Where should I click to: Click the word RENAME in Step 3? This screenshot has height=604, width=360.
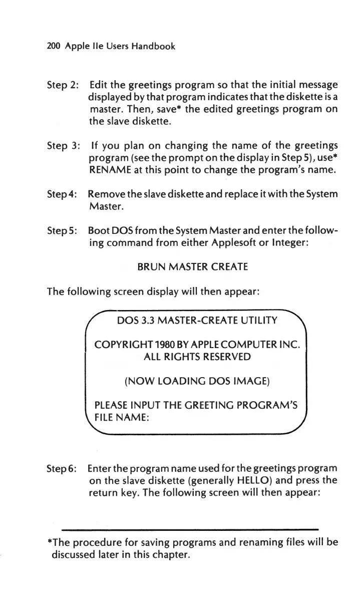(x=109, y=172)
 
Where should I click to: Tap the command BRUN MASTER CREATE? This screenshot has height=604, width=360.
(x=192, y=267)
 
